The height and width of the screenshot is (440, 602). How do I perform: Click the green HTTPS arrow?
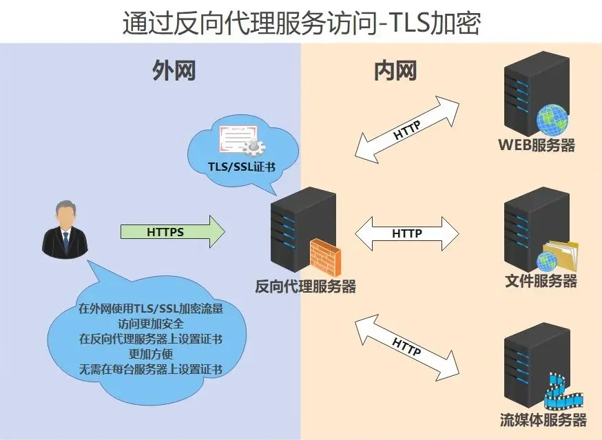point(172,232)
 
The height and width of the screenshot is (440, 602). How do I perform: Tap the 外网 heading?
point(173,72)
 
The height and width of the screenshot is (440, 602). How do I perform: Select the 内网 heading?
point(395,70)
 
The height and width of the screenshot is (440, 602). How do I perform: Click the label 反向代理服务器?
point(306,286)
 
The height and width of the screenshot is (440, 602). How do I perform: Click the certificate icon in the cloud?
point(242,141)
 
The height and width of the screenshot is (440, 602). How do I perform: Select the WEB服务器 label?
point(537,145)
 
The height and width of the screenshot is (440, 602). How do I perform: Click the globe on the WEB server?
point(553,119)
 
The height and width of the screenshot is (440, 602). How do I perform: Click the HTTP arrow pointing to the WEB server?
point(407,129)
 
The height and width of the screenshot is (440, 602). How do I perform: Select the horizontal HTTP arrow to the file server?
point(406,233)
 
